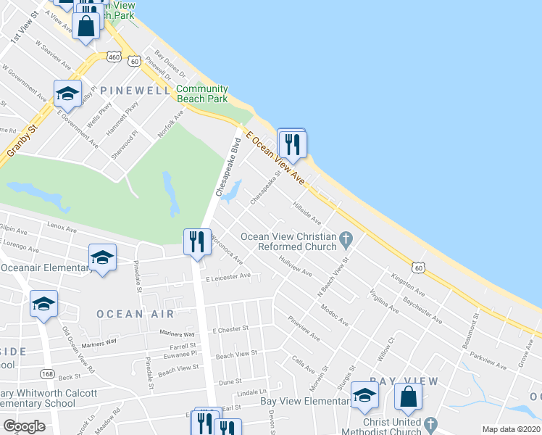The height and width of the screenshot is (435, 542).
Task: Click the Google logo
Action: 24,426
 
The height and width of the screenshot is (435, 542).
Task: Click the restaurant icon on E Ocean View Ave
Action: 293,144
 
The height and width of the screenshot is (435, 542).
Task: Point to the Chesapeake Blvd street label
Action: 228,166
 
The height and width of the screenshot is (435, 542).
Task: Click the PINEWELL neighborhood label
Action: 136,90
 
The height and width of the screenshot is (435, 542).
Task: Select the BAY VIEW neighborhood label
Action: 404,381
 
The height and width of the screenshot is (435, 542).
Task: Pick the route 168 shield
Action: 48,374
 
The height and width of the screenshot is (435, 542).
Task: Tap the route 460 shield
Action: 113,56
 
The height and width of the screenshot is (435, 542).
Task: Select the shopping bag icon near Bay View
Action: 408,397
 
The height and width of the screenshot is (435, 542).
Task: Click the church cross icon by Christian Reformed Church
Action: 346,237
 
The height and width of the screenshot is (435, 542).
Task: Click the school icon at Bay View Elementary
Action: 364,396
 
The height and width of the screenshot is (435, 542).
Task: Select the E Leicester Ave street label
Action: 228,276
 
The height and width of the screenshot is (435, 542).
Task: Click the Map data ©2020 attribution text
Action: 510,429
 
